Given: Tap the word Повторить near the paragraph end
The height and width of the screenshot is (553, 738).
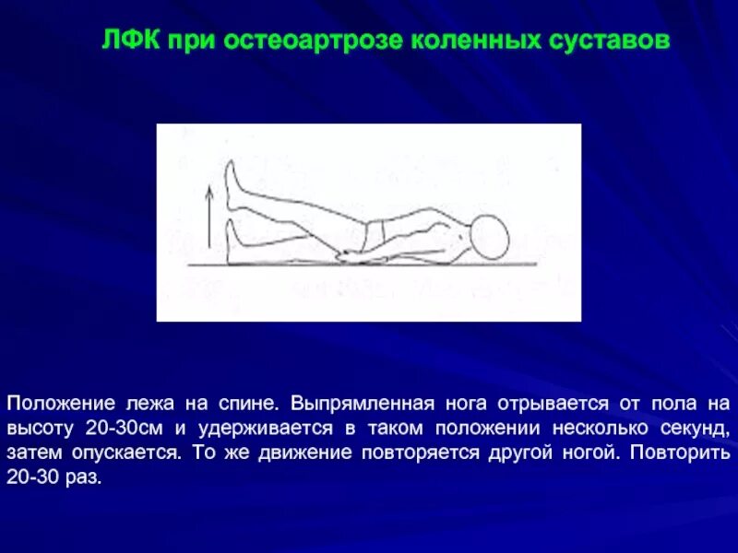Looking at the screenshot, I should [x=684, y=454].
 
